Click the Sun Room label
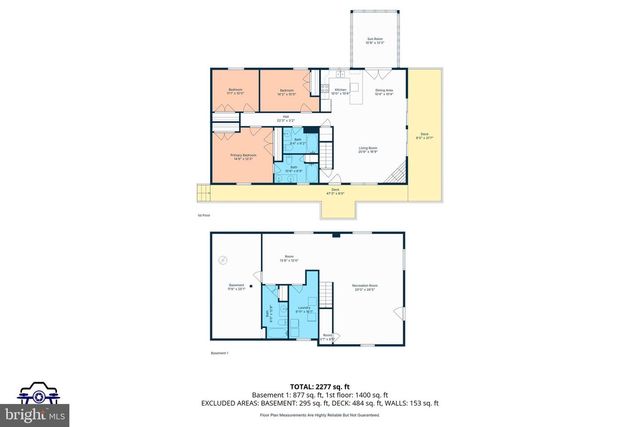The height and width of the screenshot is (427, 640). pyautogui.click(x=375, y=42)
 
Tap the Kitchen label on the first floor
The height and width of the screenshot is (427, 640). pyautogui.click(x=340, y=91)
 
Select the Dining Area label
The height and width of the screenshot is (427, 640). pyautogui.click(x=384, y=91)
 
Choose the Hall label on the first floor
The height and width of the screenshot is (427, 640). pyautogui.click(x=286, y=119)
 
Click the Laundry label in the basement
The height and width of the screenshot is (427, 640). pyautogui.click(x=301, y=311)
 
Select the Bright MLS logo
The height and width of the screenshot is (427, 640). pyautogui.click(x=37, y=400)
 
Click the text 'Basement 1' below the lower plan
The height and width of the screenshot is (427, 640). pyautogui.click(x=220, y=353)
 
